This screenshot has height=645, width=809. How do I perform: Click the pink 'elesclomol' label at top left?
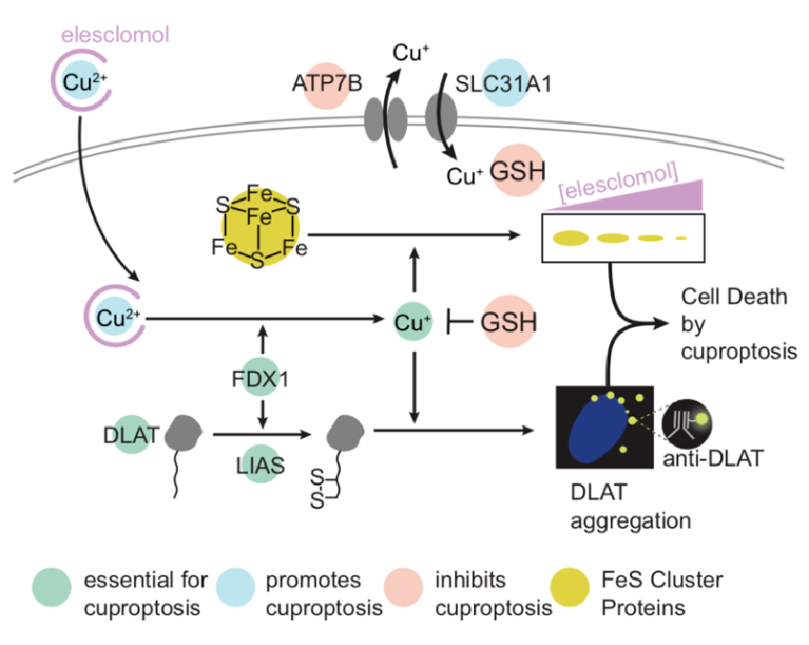115,37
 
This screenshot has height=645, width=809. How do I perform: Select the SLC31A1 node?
506,82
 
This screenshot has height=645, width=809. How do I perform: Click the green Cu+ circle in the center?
413,322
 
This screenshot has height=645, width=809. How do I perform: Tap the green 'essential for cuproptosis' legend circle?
51,591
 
